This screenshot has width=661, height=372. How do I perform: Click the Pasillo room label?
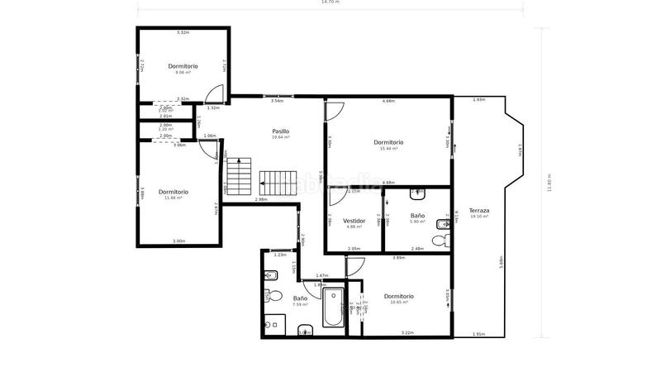280,131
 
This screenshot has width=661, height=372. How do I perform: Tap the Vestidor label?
354,221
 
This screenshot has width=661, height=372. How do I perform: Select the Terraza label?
479,211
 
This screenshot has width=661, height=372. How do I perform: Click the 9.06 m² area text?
183,72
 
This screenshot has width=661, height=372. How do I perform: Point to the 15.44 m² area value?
388,149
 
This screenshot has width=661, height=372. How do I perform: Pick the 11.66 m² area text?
174,198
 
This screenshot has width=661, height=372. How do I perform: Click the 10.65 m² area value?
399,303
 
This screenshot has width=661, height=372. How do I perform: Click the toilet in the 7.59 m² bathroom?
275,296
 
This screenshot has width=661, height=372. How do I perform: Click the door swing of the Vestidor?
337,197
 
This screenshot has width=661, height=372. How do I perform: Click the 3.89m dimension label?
398,258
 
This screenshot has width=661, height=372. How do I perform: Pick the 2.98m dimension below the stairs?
261,199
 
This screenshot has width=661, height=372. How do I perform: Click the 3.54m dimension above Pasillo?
277,101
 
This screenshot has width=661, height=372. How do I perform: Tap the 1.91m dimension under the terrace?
478,334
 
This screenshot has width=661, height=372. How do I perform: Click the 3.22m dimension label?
407,333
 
